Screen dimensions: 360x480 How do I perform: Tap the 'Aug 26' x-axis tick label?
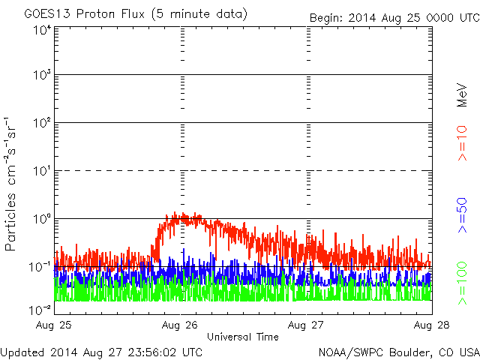coord(181,325)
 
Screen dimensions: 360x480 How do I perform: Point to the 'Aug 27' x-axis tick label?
coord(306,325)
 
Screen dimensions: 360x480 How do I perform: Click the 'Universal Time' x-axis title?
coord(243,337)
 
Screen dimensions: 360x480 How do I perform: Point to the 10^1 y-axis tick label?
coord(42,172)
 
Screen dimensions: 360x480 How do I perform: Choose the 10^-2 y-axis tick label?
coord(40,310)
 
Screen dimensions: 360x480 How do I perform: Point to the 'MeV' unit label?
coord(463,96)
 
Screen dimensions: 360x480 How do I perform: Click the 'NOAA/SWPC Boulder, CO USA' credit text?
coord(398,352)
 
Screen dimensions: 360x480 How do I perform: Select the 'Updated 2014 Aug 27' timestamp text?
coord(101,352)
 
